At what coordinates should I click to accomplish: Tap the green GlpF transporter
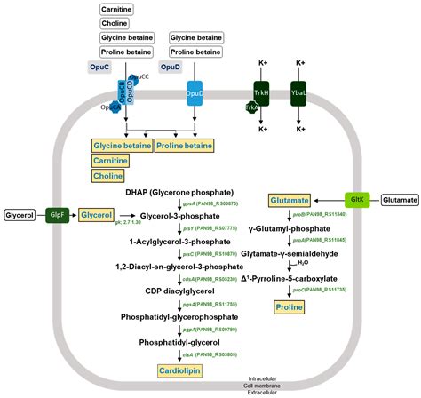click(x=58, y=215)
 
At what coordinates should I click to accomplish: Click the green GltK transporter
click(x=355, y=201)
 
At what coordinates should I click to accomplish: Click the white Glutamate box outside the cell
click(x=398, y=201)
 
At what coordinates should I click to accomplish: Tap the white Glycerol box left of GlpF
click(x=20, y=215)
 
